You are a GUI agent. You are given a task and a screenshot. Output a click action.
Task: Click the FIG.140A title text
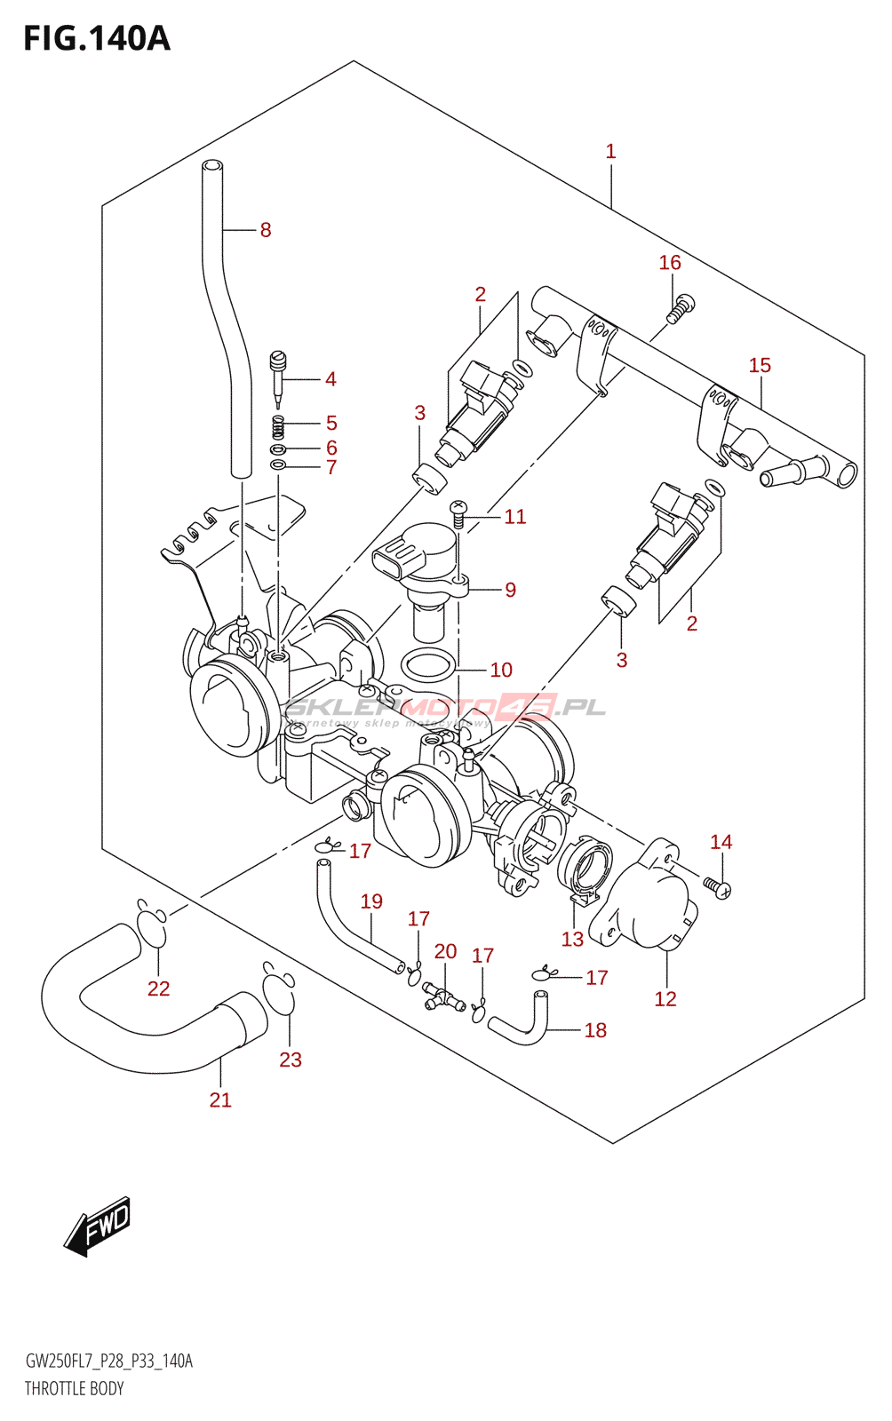coord(96,38)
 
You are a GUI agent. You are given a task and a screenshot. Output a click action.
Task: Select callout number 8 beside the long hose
coord(265,230)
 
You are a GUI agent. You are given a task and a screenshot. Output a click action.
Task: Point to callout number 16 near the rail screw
coord(670,263)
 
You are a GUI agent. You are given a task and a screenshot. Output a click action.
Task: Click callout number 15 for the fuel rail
coord(760,365)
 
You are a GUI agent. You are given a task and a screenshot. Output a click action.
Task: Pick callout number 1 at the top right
coord(610,152)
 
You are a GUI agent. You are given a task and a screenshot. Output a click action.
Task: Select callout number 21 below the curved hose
coord(220,1099)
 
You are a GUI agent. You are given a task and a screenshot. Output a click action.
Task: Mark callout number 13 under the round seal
coord(572,939)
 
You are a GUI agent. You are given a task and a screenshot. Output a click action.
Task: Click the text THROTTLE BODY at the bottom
coord(74,1388)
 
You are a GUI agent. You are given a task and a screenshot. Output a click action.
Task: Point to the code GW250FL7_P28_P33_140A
coord(108,1361)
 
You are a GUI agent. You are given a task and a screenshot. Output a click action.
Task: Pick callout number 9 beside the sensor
coord(510,590)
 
